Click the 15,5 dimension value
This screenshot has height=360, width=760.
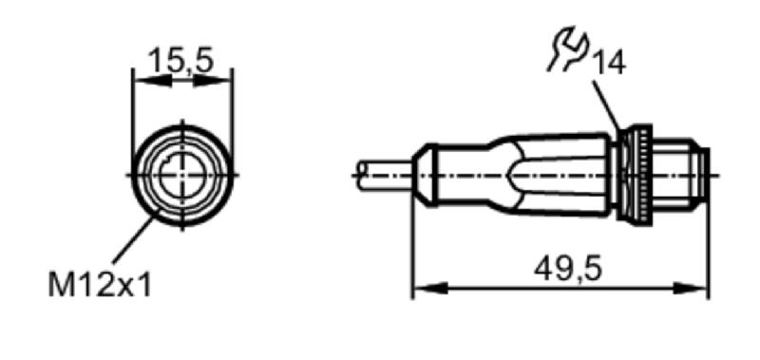point(180,61)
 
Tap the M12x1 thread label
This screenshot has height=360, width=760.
point(100,284)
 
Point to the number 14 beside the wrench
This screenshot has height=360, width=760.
point(609,63)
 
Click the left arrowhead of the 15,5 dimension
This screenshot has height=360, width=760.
point(152,81)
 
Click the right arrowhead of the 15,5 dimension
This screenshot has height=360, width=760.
point(213,81)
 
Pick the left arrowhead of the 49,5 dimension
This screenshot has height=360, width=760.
point(431,289)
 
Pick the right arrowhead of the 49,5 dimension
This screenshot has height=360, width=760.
point(691,289)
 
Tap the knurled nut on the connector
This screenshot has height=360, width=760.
point(636,174)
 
